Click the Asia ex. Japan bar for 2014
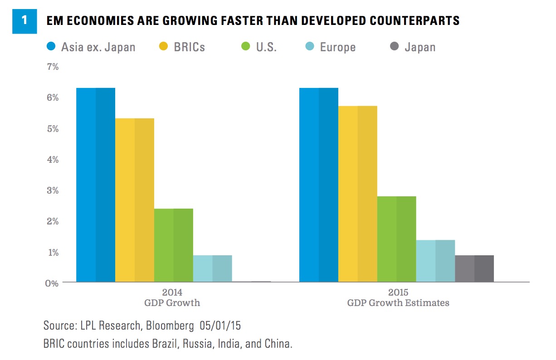point(96,185)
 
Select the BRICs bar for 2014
point(135,200)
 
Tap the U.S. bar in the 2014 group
point(174,245)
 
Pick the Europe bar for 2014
point(213,268)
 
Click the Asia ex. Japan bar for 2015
point(319,185)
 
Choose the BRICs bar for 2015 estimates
point(358,194)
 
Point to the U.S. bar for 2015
point(397,239)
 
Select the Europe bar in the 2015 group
point(436,261)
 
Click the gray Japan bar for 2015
point(475,268)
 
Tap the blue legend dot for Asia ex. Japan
point(51,46)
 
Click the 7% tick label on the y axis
point(53,67)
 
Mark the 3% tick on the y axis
point(53,190)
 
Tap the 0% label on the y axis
point(53,283)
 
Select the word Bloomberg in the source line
point(173,326)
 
